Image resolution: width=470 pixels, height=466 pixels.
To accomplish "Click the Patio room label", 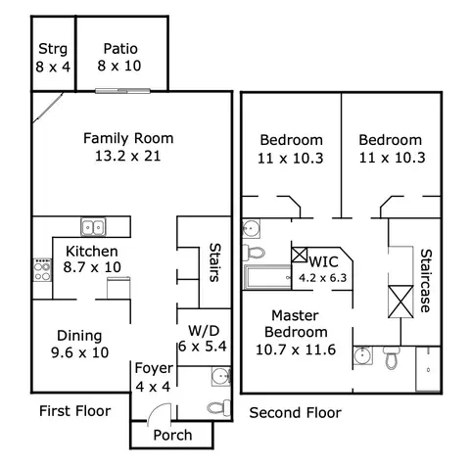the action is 120,49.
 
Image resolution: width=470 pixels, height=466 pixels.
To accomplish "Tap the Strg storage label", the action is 53,49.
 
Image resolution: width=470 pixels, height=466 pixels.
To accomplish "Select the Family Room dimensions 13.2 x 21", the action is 128,156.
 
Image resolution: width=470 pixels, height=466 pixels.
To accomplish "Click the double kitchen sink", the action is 93,227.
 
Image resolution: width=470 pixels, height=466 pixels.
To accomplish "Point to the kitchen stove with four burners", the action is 42,269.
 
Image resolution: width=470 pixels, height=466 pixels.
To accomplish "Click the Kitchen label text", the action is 92,252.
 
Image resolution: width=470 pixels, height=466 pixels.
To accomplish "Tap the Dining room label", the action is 79,336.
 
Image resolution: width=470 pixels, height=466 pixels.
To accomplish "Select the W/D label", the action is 204,331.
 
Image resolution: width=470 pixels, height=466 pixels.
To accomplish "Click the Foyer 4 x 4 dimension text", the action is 153,387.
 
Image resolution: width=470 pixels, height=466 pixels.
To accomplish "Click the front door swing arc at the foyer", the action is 156,408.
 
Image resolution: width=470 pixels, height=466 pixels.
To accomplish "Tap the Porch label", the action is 172,435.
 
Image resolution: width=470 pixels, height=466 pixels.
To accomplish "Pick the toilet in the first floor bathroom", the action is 218,408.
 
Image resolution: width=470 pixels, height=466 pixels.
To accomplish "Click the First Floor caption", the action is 75,411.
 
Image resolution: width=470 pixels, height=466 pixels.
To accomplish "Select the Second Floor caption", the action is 296,413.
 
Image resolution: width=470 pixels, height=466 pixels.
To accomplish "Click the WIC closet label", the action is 323,261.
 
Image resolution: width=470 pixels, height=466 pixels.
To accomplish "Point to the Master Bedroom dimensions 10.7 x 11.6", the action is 296,349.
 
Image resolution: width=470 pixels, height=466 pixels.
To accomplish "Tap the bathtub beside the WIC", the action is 267,277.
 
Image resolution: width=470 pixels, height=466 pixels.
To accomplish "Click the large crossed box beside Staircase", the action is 400,302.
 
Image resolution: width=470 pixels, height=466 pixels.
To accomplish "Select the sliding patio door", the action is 122,91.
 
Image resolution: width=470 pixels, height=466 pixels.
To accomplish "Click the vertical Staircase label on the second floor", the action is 426,281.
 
